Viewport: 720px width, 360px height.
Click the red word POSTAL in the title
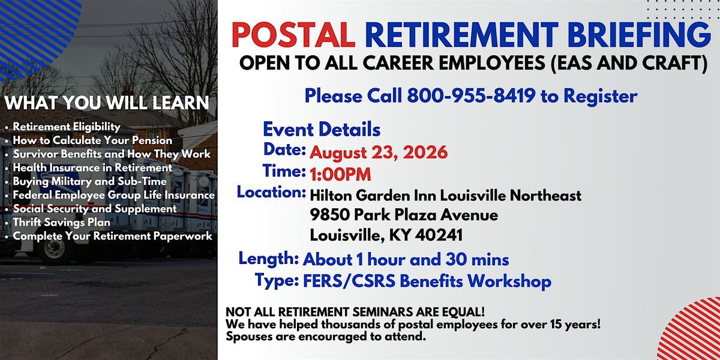pos(293,35)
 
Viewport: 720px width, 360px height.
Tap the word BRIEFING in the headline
pos(639,35)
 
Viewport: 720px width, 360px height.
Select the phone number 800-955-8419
pos(471,95)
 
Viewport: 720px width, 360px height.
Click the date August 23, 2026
pos(379,152)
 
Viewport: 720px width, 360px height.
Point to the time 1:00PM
pos(340,174)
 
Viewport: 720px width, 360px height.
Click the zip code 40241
pos(439,235)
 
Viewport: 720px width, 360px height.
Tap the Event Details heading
pos(322,129)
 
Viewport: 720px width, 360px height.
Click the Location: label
pos(271,192)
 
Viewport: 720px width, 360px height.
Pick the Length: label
pos(269,259)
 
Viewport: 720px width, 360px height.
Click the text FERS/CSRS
pos(349,281)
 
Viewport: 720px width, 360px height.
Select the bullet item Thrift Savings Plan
pos(61,222)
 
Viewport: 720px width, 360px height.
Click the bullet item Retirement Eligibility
pos(67,127)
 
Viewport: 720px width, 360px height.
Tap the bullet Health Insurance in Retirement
pos(92,167)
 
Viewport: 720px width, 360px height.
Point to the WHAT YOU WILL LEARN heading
pos(107,103)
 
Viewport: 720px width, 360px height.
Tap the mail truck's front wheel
pos(55,250)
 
